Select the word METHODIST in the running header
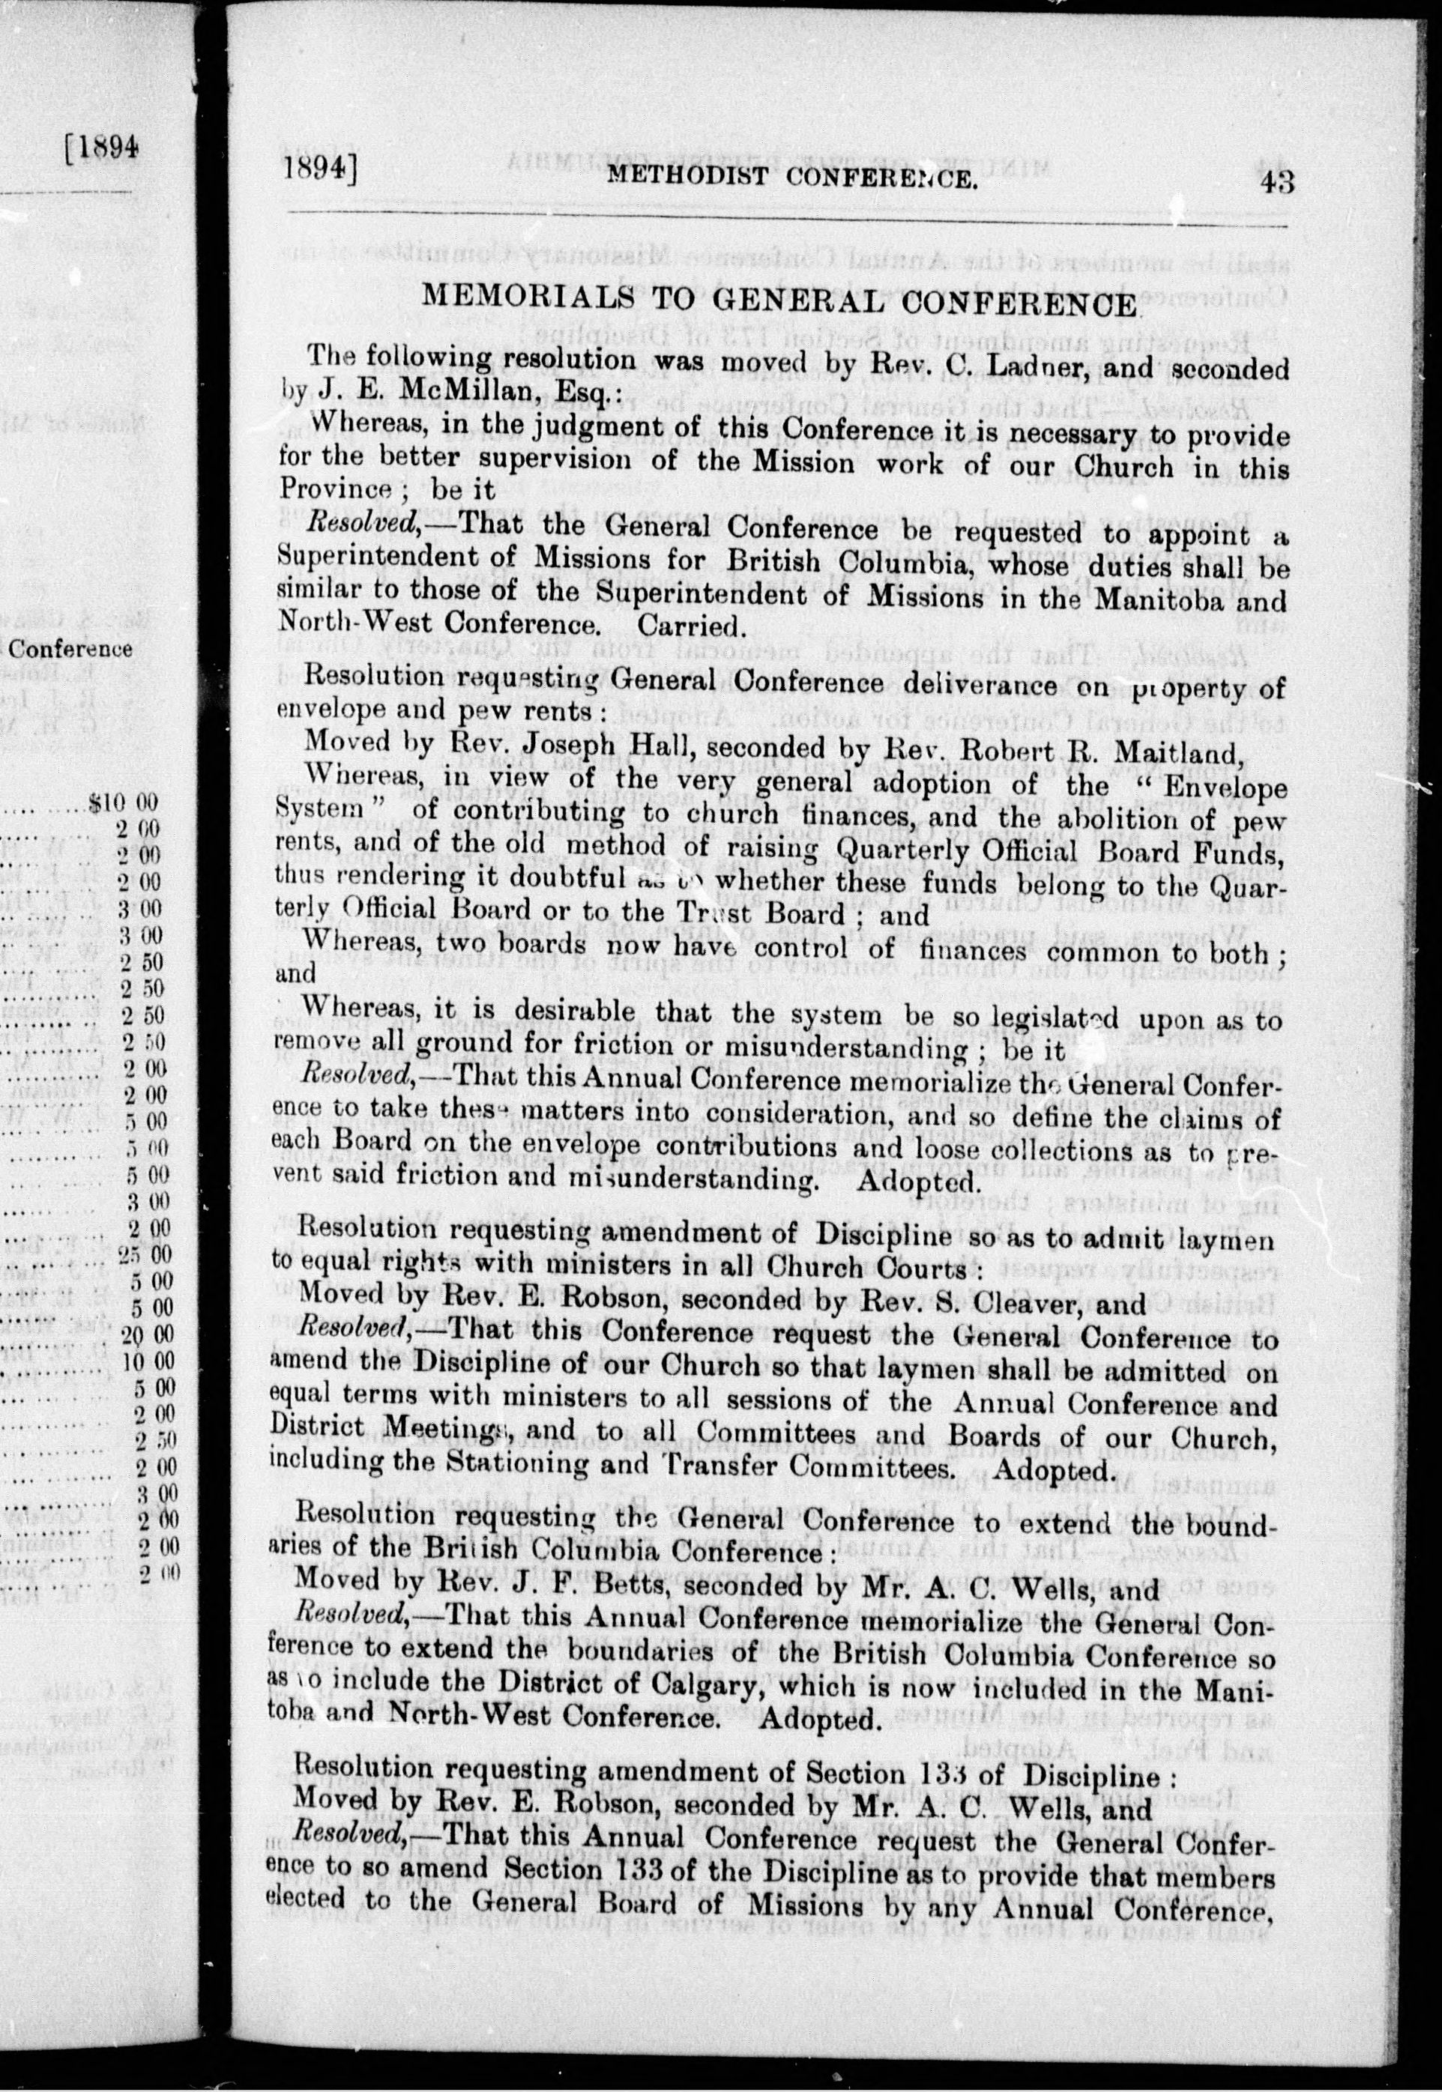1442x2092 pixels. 684,177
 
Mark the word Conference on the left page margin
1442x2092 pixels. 70,650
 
